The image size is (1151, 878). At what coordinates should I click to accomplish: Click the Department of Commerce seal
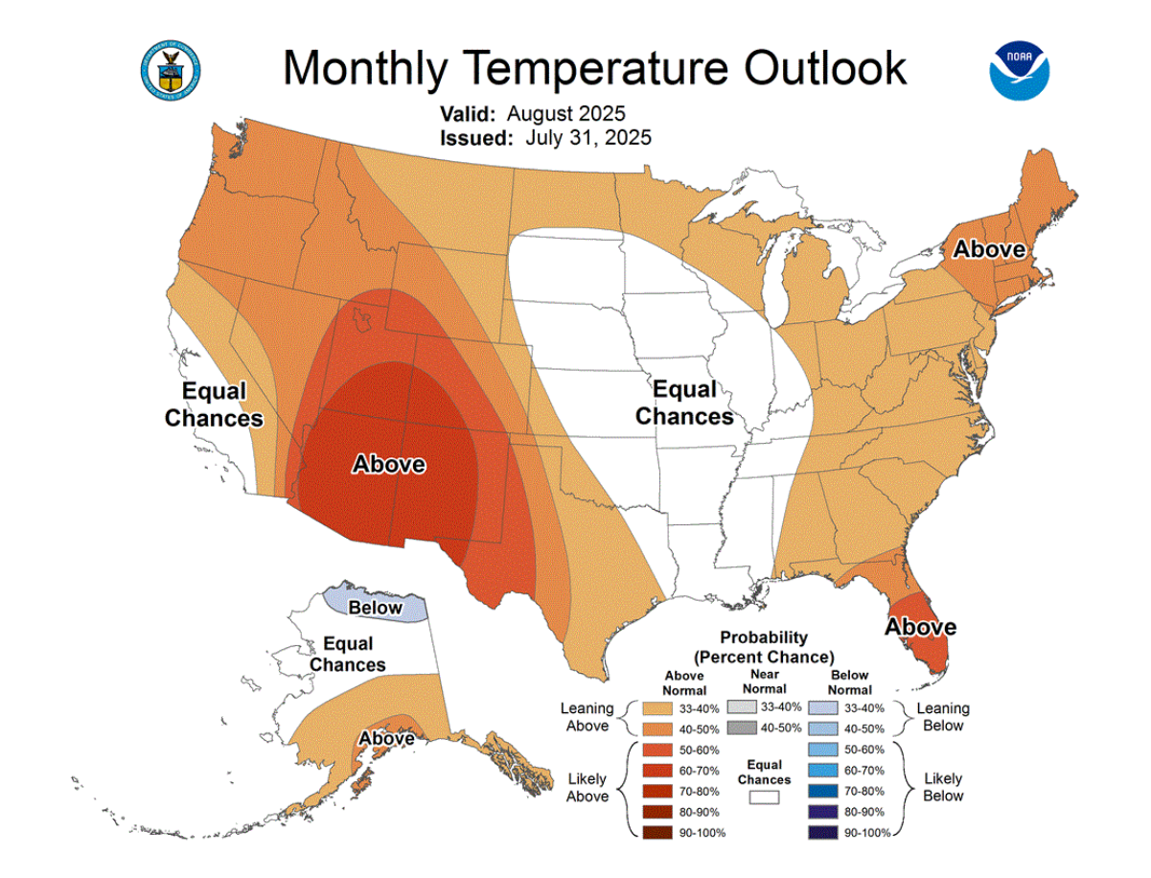[x=171, y=70]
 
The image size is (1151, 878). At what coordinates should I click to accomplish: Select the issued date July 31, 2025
[x=588, y=137]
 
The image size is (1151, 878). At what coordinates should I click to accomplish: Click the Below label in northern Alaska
[x=375, y=607]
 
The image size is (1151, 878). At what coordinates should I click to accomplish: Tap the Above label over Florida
[x=920, y=627]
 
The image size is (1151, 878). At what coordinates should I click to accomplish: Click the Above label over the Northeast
[x=989, y=249]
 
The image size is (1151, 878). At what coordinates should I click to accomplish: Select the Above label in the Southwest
[x=389, y=465]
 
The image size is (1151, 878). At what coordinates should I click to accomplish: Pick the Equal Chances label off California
[x=214, y=404]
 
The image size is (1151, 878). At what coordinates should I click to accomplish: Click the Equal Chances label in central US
[x=684, y=403]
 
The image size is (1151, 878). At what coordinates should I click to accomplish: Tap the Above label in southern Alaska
[x=387, y=739]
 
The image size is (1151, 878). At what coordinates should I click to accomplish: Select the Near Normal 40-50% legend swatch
[x=742, y=728]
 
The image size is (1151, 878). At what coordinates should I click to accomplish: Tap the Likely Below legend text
[x=944, y=788]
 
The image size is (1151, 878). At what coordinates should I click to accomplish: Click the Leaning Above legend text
[x=588, y=717]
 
